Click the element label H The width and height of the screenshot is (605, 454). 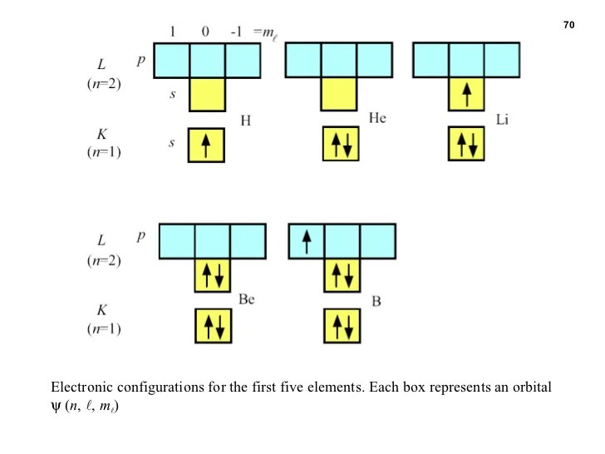245,121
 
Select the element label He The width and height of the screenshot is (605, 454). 377,118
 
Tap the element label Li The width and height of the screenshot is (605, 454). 502,120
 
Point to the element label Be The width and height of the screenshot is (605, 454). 246,299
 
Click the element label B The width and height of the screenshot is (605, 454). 376,300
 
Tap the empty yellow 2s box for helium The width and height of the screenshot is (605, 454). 339,95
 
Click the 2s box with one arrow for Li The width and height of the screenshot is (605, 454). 467,95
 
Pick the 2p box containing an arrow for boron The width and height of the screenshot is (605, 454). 306,242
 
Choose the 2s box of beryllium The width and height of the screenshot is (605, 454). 213,275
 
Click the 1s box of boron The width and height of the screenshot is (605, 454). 342,325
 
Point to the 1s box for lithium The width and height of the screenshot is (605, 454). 466,144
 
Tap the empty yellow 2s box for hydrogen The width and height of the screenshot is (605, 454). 207,95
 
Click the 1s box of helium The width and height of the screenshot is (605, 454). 339,144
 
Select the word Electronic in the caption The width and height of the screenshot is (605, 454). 84,388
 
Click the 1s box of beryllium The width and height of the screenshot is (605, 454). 213,325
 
